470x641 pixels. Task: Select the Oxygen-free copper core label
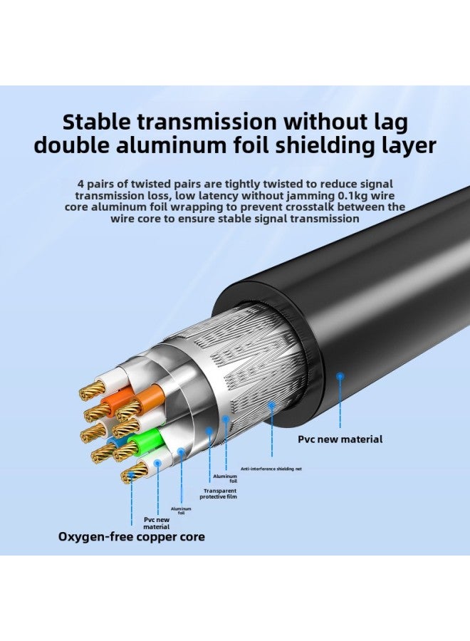pyautogui.click(x=131, y=536)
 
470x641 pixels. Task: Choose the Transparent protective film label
pyautogui.click(x=220, y=494)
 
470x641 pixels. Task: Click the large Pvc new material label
pyautogui.click(x=340, y=439)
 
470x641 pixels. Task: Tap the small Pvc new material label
pyautogui.click(x=156, y=504)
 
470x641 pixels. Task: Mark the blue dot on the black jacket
pyautogui.click(x=340, y=375)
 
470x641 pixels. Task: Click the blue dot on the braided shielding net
pyautogui.click(x=271, y=405)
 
